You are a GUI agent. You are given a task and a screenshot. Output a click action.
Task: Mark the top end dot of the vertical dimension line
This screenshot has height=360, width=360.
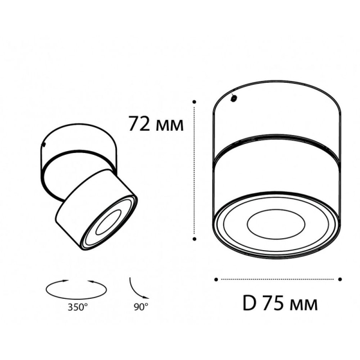tap(195, 102)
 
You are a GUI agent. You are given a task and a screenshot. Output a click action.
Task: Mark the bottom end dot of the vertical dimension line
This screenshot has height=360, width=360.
tap(195, 238)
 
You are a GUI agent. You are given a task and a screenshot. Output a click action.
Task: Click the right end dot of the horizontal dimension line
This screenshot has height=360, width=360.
tap(340, 278)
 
